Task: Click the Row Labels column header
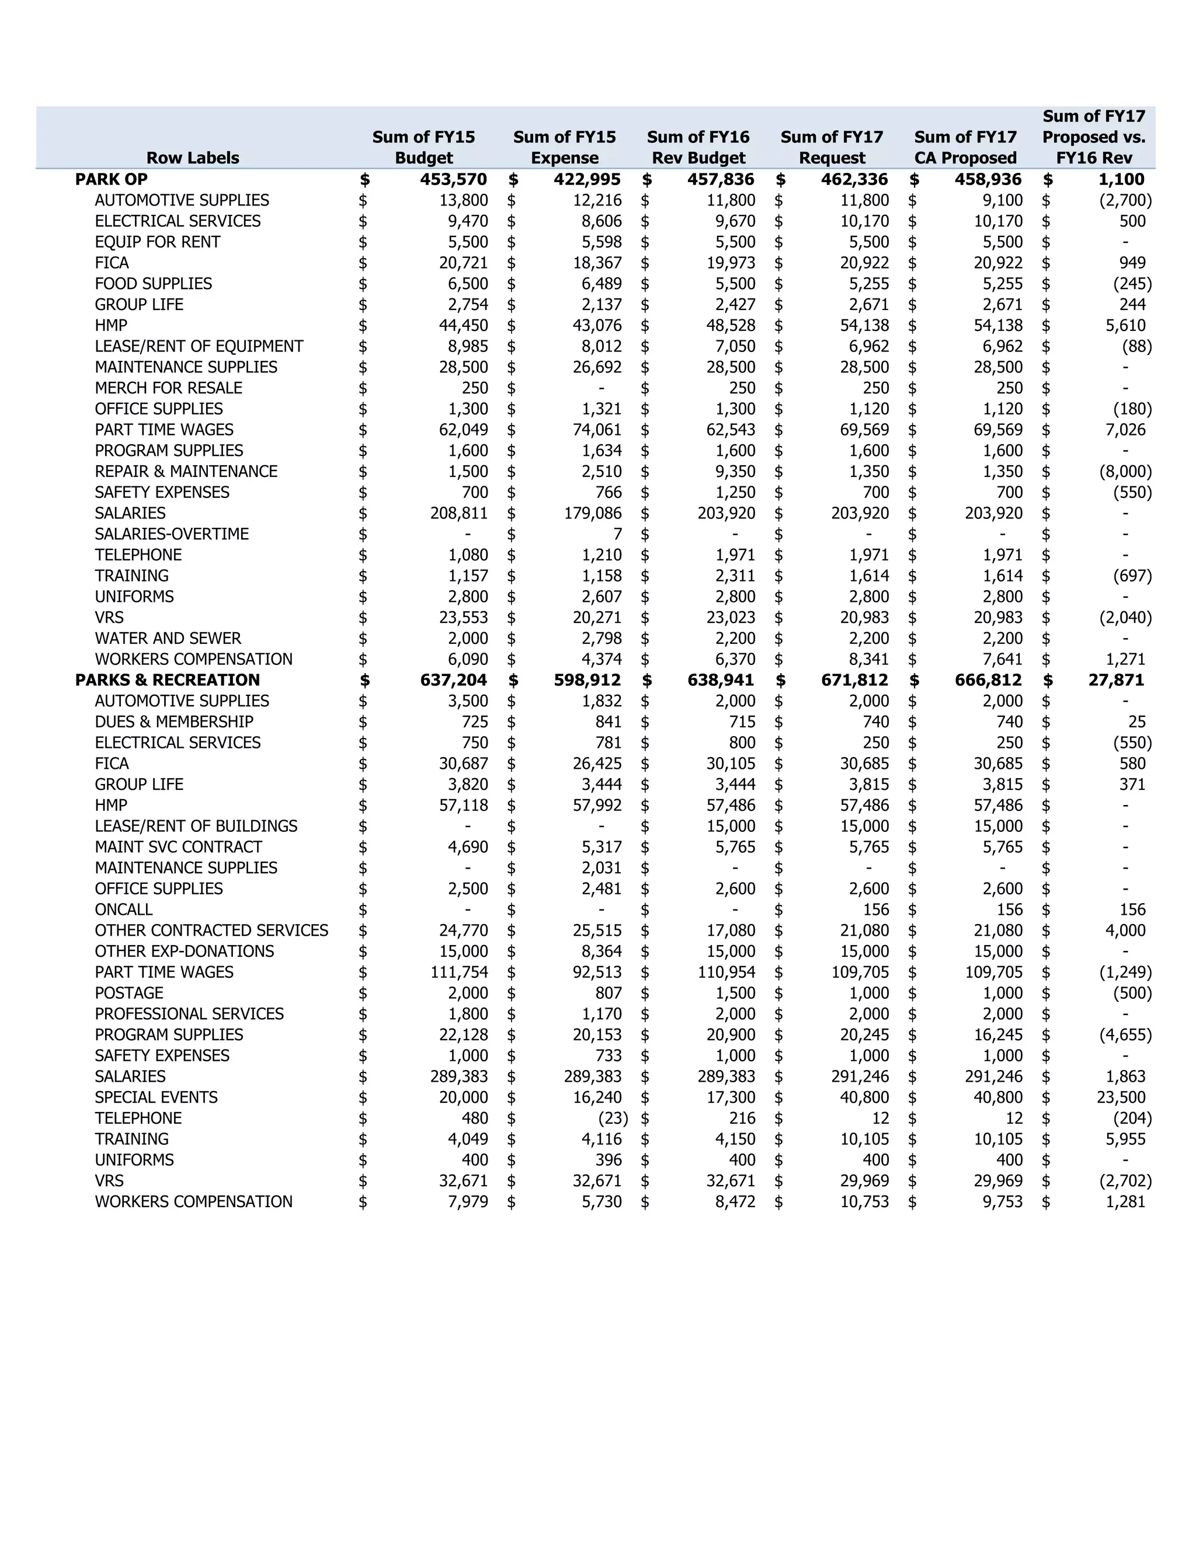pyautogui.click(x=193, y=158)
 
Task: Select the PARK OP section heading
pyautogui.click(x=111, y=179)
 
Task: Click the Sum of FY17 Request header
pyautogui.click(x=832, y=147)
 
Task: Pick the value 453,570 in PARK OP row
pyautogui.click(x=453, y=179)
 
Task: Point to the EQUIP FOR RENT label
pyautogui.click(x=157, y=242)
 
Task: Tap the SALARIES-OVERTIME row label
pyautogui.click(x=172, y=534)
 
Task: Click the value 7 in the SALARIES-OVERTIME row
pyautogui.click(x=617, y=534)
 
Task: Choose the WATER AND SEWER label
pyautogui.click(x=168, y=638)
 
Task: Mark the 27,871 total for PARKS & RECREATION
pyautogui.click(x=1116, y=680)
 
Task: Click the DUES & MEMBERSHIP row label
pyautogui.click(x=173, y=722)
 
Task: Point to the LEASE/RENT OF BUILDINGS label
pyautogui.click(x=196, y=826)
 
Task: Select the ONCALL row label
pyautogui.click(x=123, y=910)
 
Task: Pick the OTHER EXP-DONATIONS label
pyautogui.click(x=184, y=952)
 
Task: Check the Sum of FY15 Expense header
pyautogui.click(x=565, y=147)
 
